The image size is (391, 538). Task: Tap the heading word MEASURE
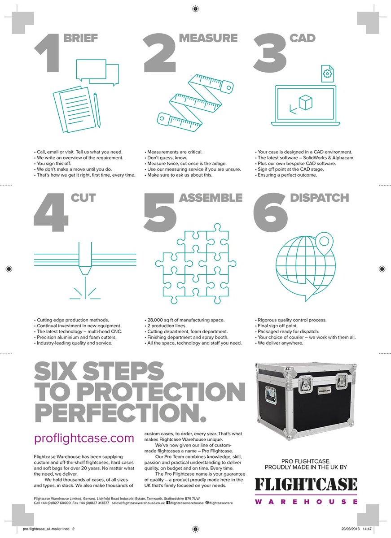pos(208,38)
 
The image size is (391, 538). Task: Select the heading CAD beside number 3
pos(303,38)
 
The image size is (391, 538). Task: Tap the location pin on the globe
pos(322,242)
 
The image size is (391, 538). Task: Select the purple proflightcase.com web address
pos(84,438)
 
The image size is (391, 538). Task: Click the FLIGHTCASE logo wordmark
pos(306,484)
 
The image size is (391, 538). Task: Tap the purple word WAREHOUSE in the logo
pos(306,501)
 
